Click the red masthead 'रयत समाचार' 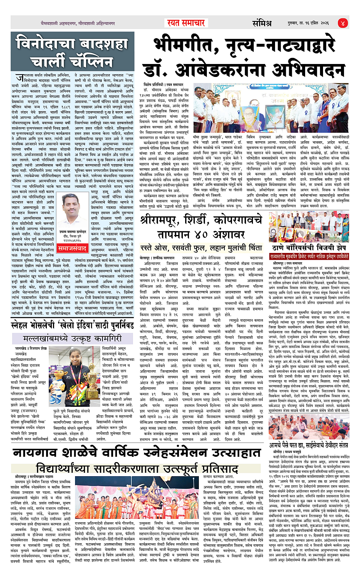click(x=186, y=23)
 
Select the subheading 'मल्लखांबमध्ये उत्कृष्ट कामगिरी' click(x=72, y=338)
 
